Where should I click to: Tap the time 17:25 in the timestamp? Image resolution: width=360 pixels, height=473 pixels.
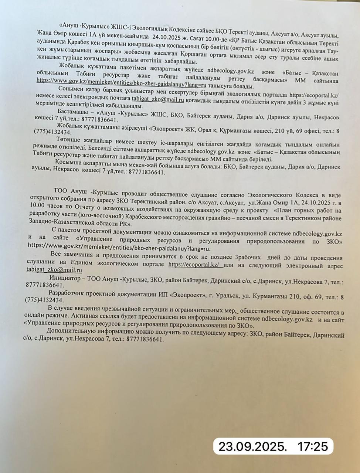point(313,446)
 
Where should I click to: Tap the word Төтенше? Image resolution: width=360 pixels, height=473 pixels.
point(68,139)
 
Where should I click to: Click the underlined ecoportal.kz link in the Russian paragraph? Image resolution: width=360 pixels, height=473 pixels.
point(195,264)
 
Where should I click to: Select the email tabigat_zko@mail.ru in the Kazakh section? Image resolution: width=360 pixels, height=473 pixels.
point(158,99)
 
